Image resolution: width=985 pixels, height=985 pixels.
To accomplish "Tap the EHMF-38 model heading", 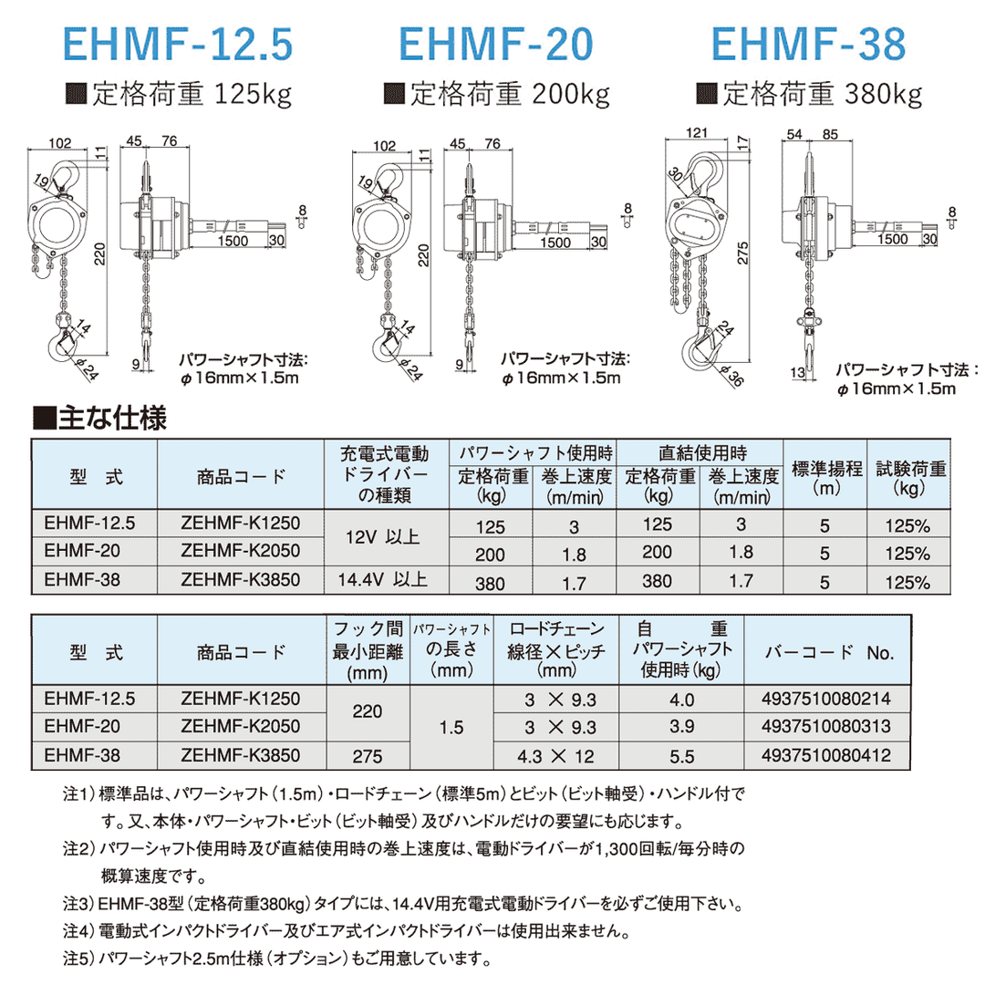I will pos(807,44).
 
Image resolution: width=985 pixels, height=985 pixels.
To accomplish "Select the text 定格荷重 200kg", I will pos(496,93).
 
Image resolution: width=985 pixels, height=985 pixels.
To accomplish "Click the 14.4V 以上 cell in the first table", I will pos(381,581).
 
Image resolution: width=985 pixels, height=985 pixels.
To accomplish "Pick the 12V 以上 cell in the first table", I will pos(381,537).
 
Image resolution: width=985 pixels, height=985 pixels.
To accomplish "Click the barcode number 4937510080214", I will pos(824,700).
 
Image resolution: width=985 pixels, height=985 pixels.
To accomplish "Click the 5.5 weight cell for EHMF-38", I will pos(680,755).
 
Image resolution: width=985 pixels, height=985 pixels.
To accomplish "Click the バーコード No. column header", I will pos(829,653).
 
